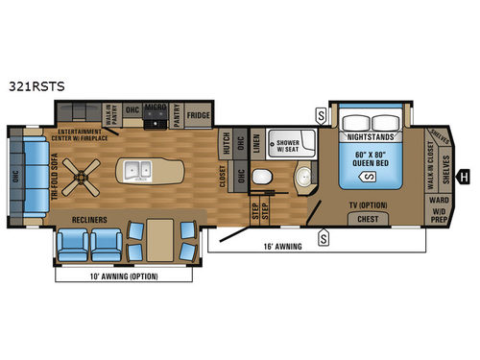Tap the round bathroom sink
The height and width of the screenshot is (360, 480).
303,176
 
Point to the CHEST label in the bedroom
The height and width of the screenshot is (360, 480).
367,220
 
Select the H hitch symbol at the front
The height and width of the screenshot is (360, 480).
464,176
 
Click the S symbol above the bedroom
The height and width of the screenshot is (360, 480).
320,117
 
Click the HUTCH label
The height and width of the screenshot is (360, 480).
227,142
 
